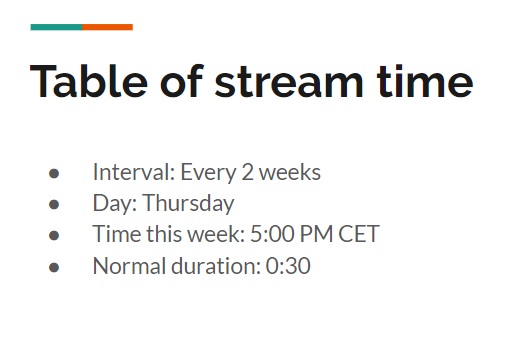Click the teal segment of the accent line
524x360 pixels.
pyautogui.click(x=56, y=27)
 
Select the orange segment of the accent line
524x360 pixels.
pyautogui.click(x=107, y=27)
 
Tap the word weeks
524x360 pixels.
pyautogui.click(x=290, y=172)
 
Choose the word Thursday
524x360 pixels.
pyautogui.click(x=188, y=204)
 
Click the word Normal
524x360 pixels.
pyautogui.click(x=126, y=267)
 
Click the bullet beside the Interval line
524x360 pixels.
pyautogui.click(x=54, y=173)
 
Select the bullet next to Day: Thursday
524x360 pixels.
pyautogui.click(x=54, y=205)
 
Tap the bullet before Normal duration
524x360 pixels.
pyautogui.click(x=54, y=268)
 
